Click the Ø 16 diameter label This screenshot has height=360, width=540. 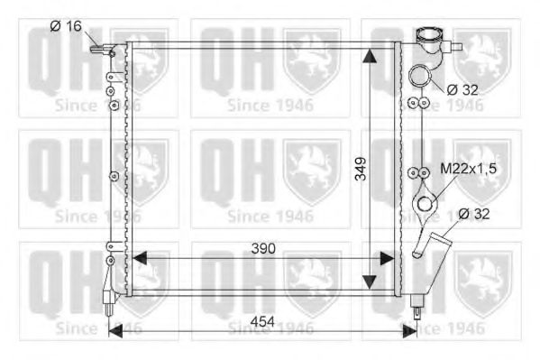pos(66,26)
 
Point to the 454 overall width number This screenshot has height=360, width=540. pos(261,321)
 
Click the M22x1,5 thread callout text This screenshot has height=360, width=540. pos(469,168)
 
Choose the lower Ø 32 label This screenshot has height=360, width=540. pos(476,214)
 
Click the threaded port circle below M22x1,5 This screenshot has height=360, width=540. pos(422,207)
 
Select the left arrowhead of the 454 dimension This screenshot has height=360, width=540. pos(114,331)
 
